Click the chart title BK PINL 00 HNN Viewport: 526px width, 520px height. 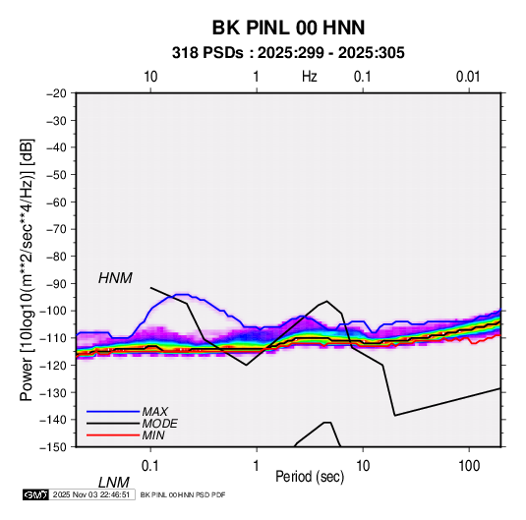tap(288, 28)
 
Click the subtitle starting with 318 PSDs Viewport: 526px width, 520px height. tap(288, 53)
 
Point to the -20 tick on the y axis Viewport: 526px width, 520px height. tap(56, 93)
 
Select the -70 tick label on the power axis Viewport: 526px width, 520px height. tap(56, 229)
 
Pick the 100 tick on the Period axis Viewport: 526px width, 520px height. tap(469, 466)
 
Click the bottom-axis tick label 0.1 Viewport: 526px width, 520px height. tap(150, 466)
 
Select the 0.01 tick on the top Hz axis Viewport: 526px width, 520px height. tap(468, 77)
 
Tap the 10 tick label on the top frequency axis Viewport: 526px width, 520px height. tap(150, 77)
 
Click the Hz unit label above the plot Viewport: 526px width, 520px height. tap(310, 77)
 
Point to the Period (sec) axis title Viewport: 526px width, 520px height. tap(310, 477)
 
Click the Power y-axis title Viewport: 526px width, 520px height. tap(27, 269)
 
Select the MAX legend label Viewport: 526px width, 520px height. tap(154, 411)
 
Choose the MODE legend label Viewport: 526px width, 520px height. tap(159, 424)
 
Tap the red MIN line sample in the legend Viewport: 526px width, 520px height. tap(113, 435)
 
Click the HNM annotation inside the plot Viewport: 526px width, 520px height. tap(115, 278)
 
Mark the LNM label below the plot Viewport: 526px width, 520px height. tap(114, 483)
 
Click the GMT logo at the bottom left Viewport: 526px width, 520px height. tap(35, 494)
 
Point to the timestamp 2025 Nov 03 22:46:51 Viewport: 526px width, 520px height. tap(91, 494)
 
